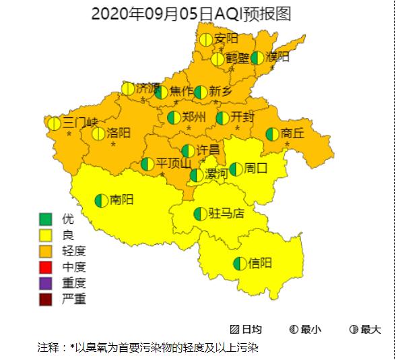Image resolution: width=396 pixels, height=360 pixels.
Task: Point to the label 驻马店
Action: click(226, 214)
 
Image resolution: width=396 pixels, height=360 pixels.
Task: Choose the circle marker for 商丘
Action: click(273, 134)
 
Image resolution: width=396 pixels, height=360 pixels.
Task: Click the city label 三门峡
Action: click(80, 123)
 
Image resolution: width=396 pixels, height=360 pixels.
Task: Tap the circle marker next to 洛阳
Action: click(98, 133)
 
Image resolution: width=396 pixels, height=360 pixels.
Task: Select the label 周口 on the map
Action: click(256, 169)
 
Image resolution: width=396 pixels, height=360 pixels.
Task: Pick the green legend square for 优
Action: click(46, 219)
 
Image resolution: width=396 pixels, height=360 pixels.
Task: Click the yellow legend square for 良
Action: click(46, 235)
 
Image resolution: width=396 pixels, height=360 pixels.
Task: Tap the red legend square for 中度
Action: click(46, 267)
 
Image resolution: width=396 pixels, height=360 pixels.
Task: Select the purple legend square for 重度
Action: click(46, 283)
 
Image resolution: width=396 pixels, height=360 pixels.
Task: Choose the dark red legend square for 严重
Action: click(46, 299)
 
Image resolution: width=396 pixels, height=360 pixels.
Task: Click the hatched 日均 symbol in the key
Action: click(235, 330)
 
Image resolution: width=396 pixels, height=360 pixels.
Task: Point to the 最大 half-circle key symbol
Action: click(354, 330)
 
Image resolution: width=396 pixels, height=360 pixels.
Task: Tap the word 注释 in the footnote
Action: click(48, 348)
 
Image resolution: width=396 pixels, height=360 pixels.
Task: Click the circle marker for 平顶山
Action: click(147, 164)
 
